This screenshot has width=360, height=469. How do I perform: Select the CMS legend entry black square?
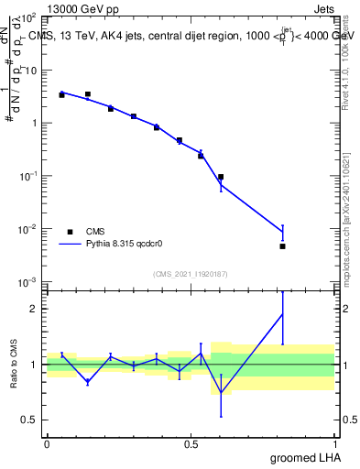coord(71,231)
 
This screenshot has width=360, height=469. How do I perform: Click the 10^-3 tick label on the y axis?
coord(29,281)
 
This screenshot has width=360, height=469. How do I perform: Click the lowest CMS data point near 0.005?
coord(282,245)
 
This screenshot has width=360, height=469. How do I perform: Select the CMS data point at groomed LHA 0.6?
coord(221,177)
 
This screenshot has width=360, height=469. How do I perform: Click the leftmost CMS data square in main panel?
coord(61,94)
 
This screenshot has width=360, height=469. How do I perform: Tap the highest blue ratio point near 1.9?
coord(282,315)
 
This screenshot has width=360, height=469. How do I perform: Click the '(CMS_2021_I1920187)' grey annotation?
coord(191,274)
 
